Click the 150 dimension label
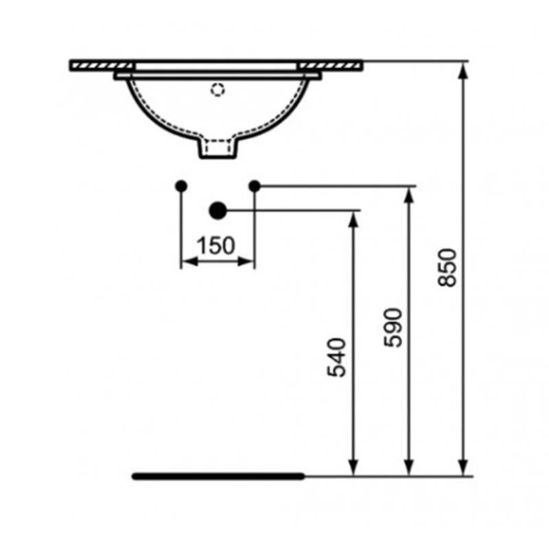click(215, 246)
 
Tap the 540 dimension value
click(336, 357)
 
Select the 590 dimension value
click(393, 327)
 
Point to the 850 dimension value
click(447, 268)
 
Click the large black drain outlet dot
click(218, 211)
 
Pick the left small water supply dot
click(181, 186)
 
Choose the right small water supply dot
click(255, 186)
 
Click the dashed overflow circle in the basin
click(218, 90)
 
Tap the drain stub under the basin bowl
click(218, 148)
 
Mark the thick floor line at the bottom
click(218, 476)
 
